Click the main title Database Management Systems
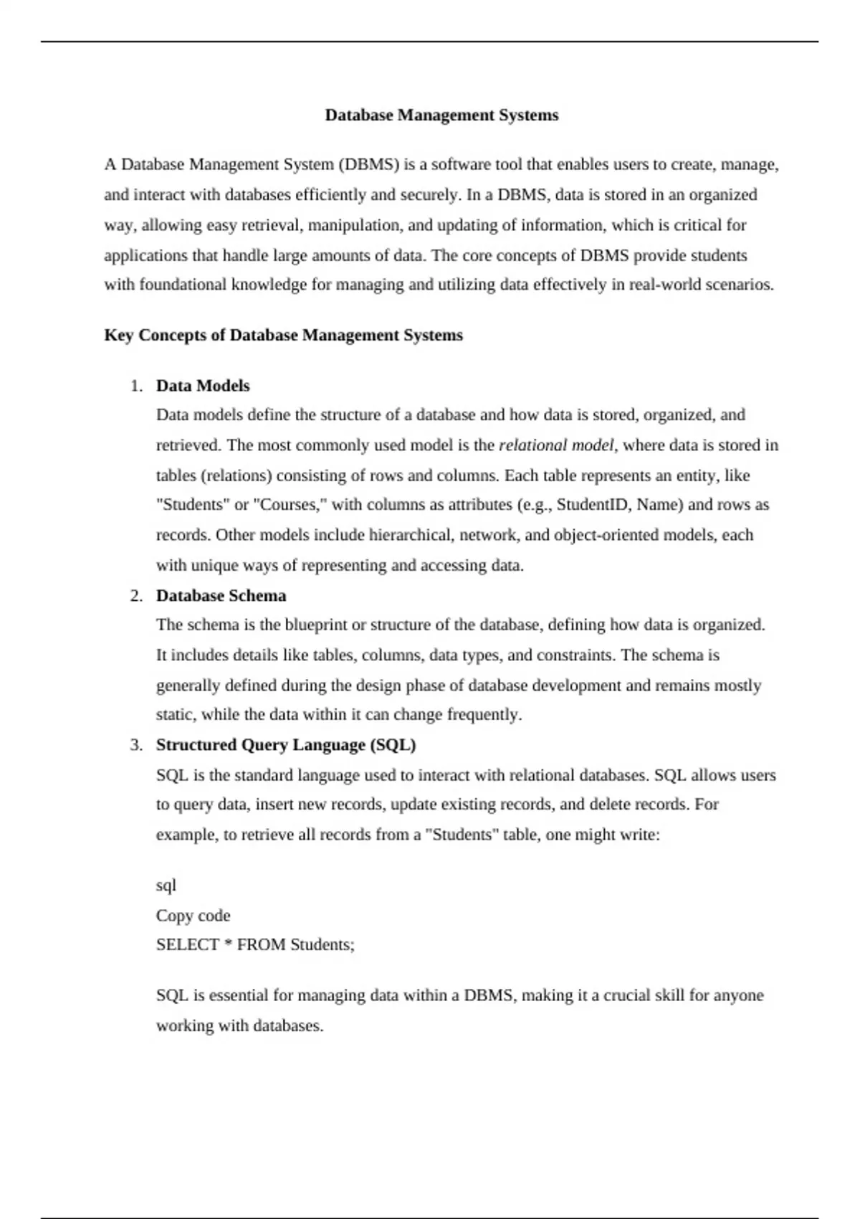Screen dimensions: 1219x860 441,115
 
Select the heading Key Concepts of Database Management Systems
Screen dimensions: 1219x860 283,336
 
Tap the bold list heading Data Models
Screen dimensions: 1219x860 203,386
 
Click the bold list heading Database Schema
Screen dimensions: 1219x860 221,596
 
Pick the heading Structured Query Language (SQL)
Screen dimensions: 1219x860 286,745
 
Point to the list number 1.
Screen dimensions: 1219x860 136,386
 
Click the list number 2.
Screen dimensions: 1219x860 136,596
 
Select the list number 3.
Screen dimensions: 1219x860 136,745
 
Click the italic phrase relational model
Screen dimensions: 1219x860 556,445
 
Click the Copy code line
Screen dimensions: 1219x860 193,916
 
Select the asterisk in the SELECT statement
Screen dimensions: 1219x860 228,944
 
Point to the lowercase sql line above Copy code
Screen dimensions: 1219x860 166,886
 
